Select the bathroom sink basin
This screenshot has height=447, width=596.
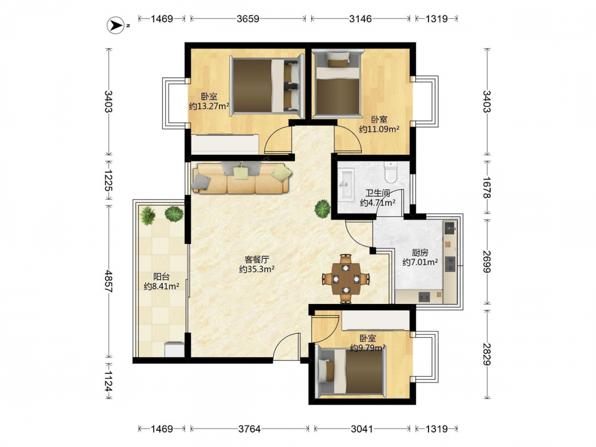click(346, 184)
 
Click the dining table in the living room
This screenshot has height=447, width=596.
click(346, 279)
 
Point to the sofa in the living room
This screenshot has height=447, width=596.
click(242, 178)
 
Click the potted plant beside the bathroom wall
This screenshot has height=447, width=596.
click(322, 209)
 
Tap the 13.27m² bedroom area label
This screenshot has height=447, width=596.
click(209, 106)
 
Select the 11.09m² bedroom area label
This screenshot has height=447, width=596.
click(379, 129)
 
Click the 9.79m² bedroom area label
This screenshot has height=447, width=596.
click(368, 347)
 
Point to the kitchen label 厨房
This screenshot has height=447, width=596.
click(420, 252)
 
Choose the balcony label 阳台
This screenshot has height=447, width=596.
click(161, 277)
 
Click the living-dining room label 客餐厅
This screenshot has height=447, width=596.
click(256, 260)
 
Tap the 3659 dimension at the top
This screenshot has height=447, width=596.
click(248, 18)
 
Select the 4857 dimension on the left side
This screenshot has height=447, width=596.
click(108, 281)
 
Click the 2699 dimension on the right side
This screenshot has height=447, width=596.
click(486, 262)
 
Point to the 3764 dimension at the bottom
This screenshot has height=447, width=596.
click(249, 429)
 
